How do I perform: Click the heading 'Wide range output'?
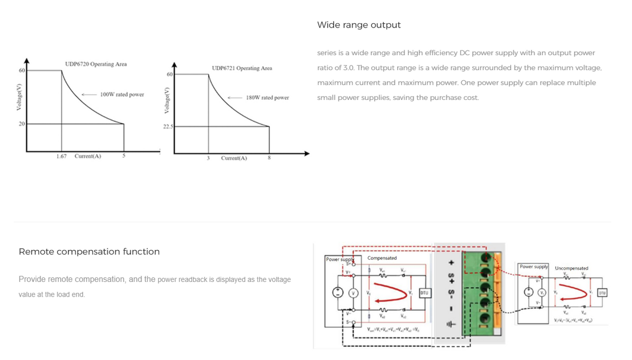359,25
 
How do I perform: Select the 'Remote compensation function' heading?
89,252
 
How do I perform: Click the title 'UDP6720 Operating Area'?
96,64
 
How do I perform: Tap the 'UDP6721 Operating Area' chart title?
242,68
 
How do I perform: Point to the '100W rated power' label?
122,95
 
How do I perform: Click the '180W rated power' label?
267,98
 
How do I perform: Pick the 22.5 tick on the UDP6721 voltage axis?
168,126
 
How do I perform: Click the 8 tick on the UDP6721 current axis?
269,158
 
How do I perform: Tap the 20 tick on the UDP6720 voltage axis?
22,124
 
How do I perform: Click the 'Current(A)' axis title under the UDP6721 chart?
234,158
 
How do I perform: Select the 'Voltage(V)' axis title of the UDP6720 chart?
19,97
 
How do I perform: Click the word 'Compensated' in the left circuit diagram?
382,258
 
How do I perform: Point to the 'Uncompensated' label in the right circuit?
571,268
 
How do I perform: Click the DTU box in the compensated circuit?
424,293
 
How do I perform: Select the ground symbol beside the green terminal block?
451,325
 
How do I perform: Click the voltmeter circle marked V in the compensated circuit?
354,293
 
